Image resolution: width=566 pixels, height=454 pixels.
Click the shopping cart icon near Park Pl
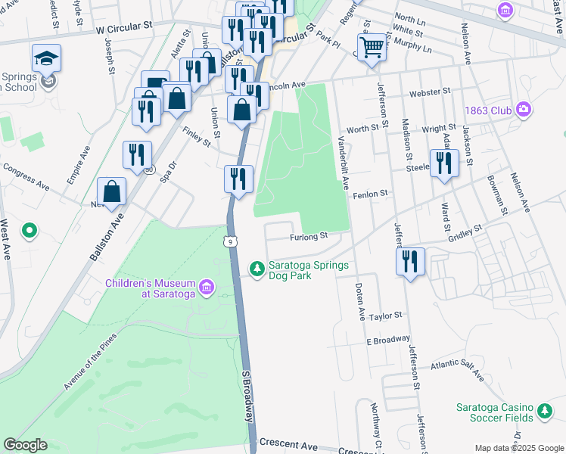[372, 46]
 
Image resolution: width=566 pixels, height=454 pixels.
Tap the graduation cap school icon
[47, 58]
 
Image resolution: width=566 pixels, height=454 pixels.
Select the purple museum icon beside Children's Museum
[207, 288]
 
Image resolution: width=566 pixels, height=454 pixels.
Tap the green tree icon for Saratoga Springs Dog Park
[257, 268]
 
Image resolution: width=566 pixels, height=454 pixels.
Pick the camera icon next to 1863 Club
[523, 110]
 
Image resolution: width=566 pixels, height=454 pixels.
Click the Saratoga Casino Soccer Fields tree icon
[545, 412]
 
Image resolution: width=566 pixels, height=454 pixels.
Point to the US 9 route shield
[229, 241]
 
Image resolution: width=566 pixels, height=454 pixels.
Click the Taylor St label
[384, 315]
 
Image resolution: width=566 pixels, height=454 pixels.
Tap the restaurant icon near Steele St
[444, 163]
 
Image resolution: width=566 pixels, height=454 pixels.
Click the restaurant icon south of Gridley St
[410, 262]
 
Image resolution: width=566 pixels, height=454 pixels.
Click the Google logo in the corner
[26, 444]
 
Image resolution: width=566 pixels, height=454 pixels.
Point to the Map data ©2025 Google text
[518, 448]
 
